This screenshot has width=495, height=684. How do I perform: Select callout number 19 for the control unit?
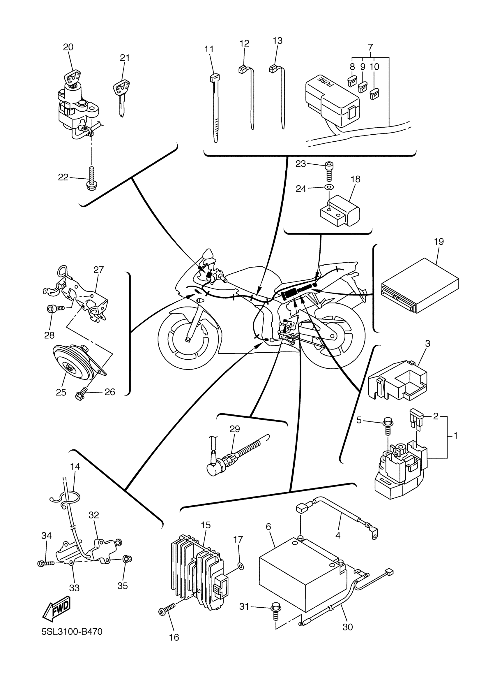point(439,242)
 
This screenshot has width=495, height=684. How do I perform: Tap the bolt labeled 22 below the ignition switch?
point(91,178)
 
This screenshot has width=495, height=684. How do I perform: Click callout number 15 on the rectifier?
point(206,525)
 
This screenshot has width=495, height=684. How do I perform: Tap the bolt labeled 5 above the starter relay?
point(387,425)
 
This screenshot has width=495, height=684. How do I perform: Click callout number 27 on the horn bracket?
point(98,270)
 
